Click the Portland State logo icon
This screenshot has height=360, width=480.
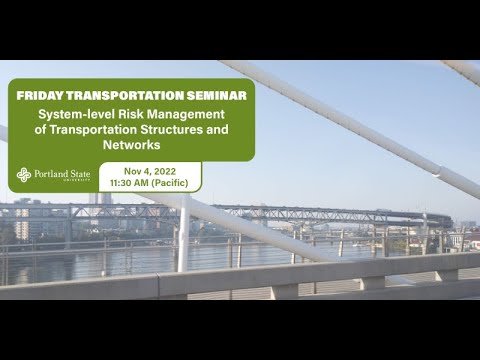(24, 176)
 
